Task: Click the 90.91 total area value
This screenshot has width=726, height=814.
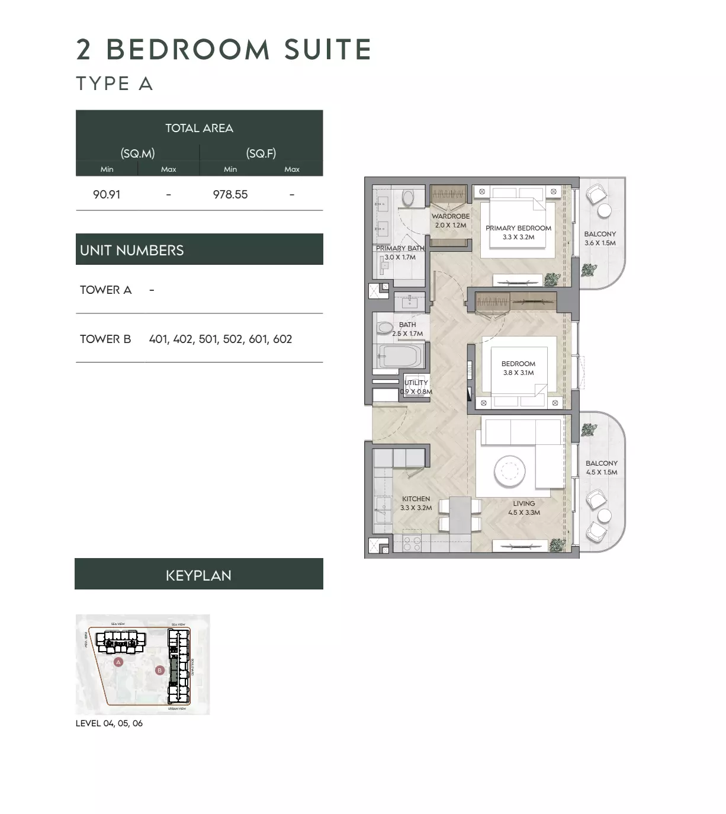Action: tap(107, 194)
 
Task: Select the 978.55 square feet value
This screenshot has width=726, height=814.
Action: tap(230, 194)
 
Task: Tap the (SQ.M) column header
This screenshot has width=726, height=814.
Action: tap(137, 153)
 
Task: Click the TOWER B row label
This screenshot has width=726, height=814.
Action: tap(105, 339)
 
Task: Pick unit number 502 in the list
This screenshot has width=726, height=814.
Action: tap(233, 339)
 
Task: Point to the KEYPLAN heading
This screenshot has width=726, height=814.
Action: tap(198, 575)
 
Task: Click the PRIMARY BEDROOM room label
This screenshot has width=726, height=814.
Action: tap(518, 228)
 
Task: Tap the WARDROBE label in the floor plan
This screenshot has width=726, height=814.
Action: tap(450, 216)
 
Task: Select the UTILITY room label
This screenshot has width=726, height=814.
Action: tap(416, 383)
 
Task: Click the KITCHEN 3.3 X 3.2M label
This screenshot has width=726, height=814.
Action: tap(416, 503)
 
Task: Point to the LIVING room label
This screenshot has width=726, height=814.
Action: tap(524, 504)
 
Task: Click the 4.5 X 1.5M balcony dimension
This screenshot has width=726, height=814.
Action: tap(602, 472)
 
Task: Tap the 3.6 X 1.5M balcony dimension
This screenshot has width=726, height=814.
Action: tap(600, 243)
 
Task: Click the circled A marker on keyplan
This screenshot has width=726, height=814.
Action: tap(118, 662)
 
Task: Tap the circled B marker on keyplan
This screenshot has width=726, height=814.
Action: tap(159, 670)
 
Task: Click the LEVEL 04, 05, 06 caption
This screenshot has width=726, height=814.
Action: tap(109, 723)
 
